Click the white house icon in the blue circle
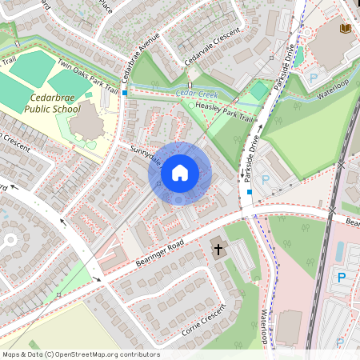180,172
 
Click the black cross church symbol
218,250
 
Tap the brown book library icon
345,29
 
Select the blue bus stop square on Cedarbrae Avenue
125,93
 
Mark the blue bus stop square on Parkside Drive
250,192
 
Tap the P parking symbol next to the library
314,78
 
